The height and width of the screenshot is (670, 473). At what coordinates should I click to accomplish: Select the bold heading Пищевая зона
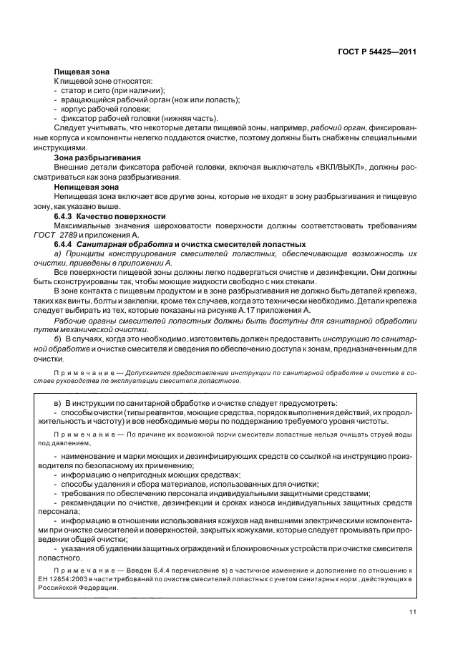point(81,73)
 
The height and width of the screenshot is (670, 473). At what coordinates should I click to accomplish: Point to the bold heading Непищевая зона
point(84,185)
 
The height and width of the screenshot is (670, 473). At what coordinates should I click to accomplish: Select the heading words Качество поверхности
point(122,216)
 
